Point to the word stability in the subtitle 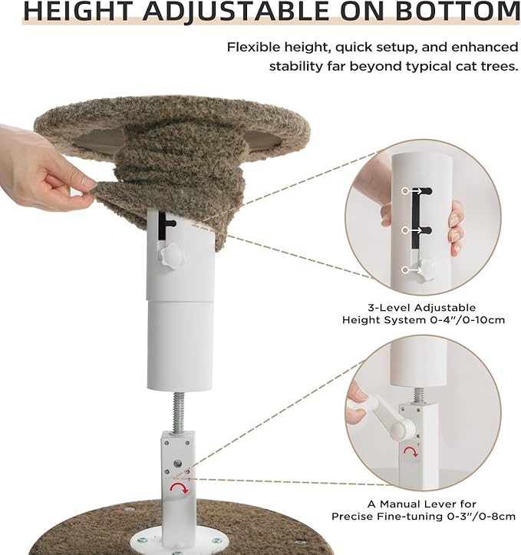(297, 66)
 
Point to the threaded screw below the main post (181, 410)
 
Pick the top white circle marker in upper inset (404, 190)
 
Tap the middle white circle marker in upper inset (404, 230)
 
